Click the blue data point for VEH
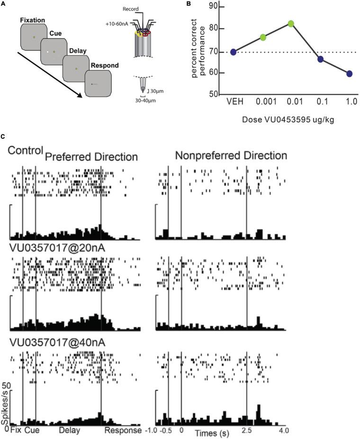click(x=233, y=52)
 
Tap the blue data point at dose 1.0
click(x=349, y=73)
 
